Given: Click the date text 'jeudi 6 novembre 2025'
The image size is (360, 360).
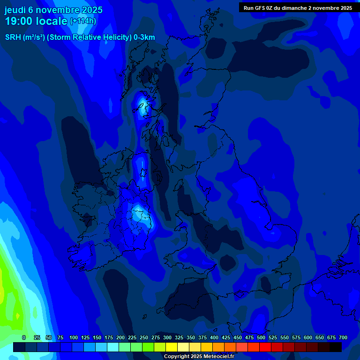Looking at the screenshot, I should click(53, 10).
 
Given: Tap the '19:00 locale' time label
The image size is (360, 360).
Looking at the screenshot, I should click(36, 21).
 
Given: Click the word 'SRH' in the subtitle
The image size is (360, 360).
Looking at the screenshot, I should click(13, 37).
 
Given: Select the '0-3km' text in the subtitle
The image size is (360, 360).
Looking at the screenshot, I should click(144, 37).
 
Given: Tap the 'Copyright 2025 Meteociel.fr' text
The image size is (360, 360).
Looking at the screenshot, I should click(199, 357).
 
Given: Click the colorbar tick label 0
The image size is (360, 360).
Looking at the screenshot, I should click(24, 337).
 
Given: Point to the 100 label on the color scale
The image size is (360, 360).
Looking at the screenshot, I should click(74, 337).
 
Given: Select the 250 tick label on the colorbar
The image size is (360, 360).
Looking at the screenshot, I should click(144, 337).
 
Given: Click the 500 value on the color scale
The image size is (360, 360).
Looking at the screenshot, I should click(261, 337).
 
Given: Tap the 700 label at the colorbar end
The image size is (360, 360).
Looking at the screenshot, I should click(343, 337).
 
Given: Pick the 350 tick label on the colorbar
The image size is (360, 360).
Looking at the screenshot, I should click(191, 337).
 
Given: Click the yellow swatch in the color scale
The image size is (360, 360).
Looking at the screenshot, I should click(172, 347).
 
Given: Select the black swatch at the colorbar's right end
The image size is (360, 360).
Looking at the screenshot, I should click(336, 347).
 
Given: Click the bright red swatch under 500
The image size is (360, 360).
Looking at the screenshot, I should click(265, 347).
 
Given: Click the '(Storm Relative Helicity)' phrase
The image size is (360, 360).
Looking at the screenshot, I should click(89, 37).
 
